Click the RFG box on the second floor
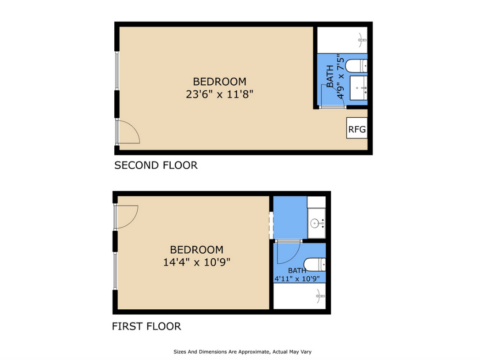tap(357, 128)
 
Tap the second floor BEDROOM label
tap(220, 82)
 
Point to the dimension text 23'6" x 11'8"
tap(220, 94)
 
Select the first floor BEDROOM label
tap(197, 250)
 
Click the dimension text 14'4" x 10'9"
tap(197, 262)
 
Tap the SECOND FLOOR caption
tap(156, 165)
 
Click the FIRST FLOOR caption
tap(147, 326)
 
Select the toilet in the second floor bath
tap(356, 66)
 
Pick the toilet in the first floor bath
tap(314, 265)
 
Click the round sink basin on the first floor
tap(315, 223)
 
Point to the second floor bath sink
tap(359, 88)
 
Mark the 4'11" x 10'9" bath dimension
tap(297, 278)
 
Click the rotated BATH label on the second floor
tap(330, 76)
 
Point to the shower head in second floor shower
tap(361, 40)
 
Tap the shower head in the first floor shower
tap(320, 296)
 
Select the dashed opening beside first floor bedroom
tap(271, 225)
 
